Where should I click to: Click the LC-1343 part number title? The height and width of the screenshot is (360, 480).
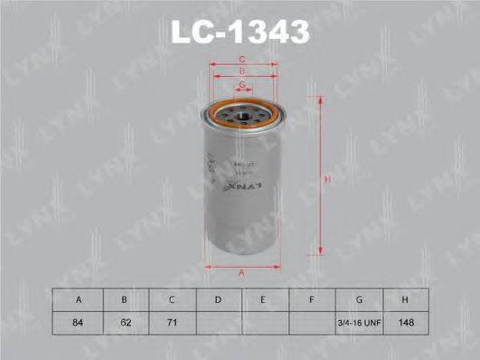tap(240, 32)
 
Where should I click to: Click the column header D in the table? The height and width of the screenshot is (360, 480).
tap(217, 298)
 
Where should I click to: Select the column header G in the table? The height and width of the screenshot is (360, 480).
tap(360, 298)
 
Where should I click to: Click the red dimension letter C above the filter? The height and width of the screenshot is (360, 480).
tap(241, 60)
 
